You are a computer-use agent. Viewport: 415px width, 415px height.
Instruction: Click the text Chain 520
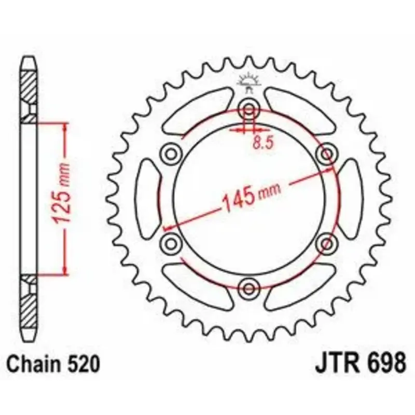53,365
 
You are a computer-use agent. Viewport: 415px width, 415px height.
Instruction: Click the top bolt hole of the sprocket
248,109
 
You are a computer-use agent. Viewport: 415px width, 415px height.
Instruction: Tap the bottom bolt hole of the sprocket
248,288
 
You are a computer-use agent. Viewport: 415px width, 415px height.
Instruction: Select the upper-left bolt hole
171,154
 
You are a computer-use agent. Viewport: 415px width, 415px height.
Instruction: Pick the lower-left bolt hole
171,243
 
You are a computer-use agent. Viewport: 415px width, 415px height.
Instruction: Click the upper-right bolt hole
326,154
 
